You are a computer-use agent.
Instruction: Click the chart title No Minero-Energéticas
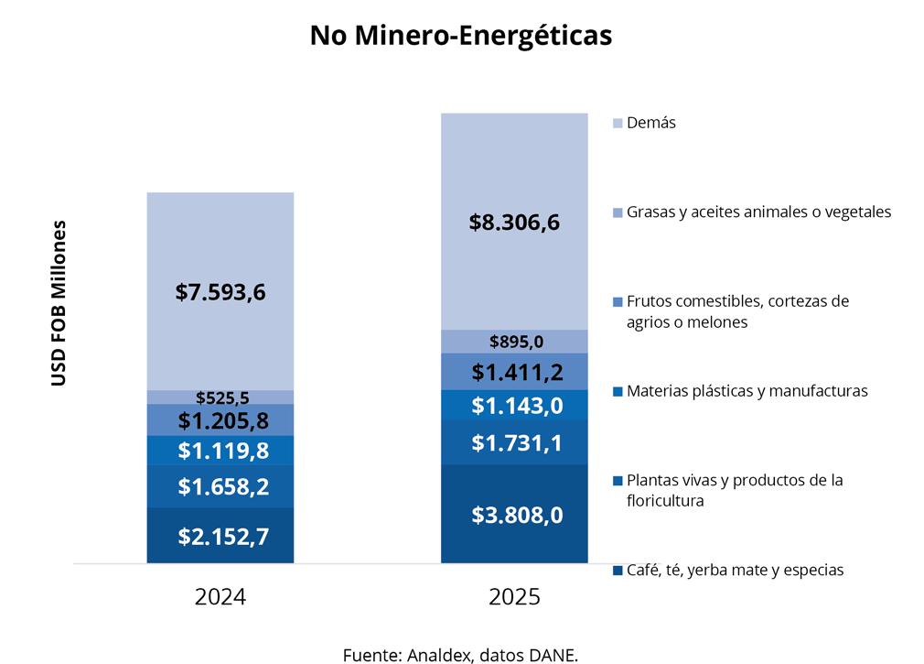(x=460, y=36)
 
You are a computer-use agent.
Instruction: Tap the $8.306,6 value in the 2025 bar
(x=514, y=222)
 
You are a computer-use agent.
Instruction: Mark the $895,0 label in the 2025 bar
(x=515, y=342)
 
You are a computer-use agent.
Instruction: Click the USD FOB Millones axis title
(x=59, y=302)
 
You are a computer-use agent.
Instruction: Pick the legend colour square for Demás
(x=618, y=123)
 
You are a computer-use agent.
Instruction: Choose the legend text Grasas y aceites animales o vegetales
(x=758, y=212)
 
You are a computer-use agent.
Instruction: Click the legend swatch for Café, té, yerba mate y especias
(x=618, y=571)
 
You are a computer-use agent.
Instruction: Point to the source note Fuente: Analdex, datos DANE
(x=461, y=654)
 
